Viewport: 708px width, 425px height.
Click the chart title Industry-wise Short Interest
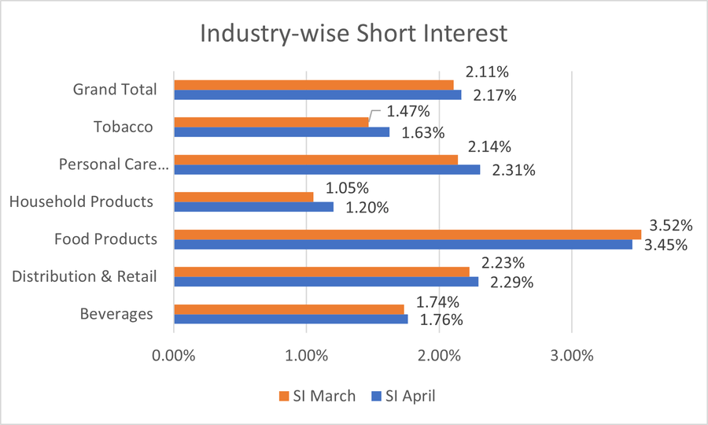point(354,35)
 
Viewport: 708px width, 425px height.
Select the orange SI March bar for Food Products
point(407,234)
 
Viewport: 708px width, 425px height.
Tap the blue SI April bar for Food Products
point(403,245)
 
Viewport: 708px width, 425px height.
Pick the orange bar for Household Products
point(243,197)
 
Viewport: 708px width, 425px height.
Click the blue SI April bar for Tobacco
point(282,132)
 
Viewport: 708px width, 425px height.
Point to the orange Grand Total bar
point(313,84)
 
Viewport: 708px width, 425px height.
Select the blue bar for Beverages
point(290,320)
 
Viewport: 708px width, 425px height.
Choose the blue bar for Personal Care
point(326,169)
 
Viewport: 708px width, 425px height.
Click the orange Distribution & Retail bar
point(321,272)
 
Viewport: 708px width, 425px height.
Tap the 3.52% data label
point(669,226)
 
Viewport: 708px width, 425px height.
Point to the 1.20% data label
point(367,208)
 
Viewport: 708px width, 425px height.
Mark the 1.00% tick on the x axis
point(306,354)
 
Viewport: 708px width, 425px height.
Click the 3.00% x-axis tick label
point(572,354)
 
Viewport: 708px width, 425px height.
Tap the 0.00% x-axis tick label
point(173,354)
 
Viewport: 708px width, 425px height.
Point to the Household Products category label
point(81,201)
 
